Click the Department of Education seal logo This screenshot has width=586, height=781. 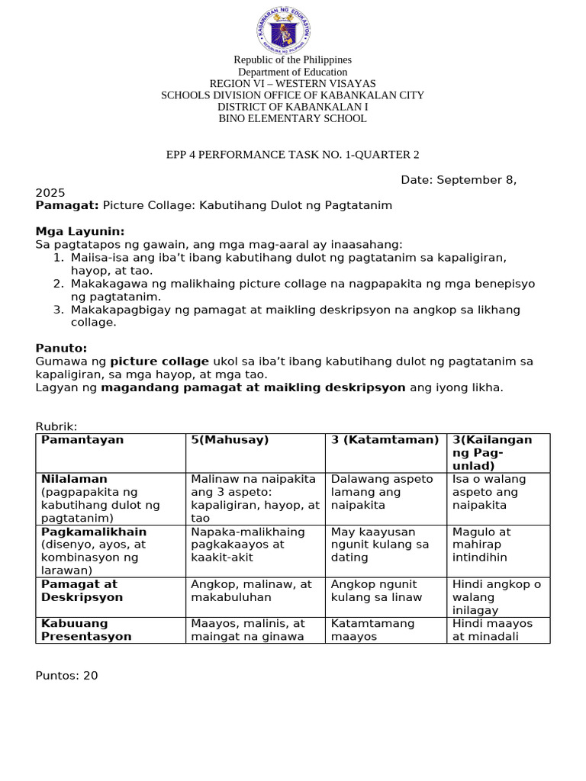tap(283, 31)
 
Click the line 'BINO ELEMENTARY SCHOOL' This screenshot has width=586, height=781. tap(292, 119)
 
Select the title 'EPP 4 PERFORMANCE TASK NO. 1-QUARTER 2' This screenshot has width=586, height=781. tap(293, 155)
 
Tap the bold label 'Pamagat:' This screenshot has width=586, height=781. tap(67, 206)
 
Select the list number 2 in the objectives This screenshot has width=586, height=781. tap(57, 284)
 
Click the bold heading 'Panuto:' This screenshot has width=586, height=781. tap(61, 348)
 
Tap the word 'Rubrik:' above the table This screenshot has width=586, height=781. tap(56, 426)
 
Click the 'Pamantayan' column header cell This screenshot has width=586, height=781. tap(82, 440)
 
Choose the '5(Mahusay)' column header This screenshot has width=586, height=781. tap(230, 440)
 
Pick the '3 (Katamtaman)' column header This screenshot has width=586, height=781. tap(385, 440)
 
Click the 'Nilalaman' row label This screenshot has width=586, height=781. tap(74, 479)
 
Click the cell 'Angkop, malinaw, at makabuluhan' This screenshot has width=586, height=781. tap(252, 591)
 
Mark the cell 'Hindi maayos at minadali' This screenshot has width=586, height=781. tap(492, 630)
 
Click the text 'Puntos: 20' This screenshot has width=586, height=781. tap(67, 675)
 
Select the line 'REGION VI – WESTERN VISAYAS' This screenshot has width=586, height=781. tap(292, 83)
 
